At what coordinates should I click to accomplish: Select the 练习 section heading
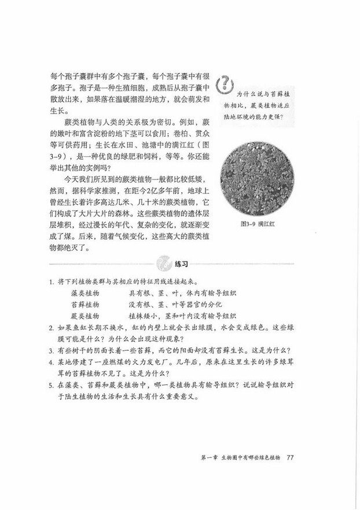[x=182, y=264]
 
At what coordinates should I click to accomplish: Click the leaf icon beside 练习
[x=164, y=263]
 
